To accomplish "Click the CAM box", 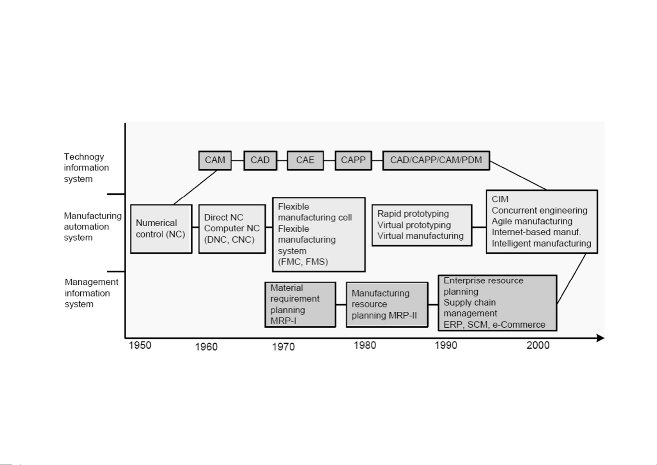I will [215, 160].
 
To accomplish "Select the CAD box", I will [260, 160].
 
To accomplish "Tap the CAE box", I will [305, 160].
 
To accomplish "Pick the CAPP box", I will [353, 160].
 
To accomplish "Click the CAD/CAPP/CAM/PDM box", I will [436, 160].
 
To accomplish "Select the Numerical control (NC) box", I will [161, 229].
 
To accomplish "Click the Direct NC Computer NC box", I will [232, 229].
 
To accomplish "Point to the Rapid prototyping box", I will [421, 225].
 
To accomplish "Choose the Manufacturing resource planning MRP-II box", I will [387, 304].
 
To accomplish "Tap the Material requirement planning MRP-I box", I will [300, 304].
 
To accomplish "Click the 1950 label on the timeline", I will [140, 346].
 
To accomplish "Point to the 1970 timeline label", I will [283, 347].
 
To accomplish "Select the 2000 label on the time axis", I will [538, 345].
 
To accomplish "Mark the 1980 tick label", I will [365, 345].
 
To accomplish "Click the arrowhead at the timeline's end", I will [601, 338].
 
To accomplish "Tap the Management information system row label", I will [91, 293].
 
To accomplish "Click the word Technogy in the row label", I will [84, 157].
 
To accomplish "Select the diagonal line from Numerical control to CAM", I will [195, 187].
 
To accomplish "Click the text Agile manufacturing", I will [532, 222].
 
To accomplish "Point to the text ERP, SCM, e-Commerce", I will [494, 325].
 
